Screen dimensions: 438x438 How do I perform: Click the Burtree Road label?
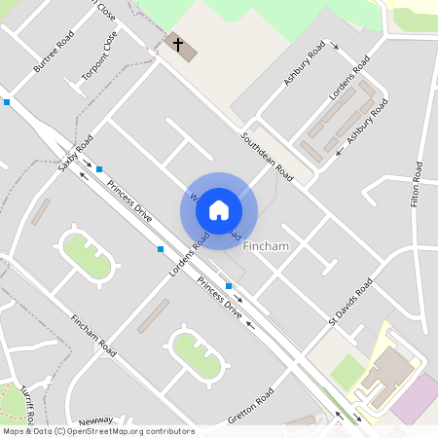coord(54,53)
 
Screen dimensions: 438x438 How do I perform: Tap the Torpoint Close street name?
coord(107,53)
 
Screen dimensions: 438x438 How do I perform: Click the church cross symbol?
coord(177,43)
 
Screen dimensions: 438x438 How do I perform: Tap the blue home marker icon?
coord(219,210)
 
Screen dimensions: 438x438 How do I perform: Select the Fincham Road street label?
coord(93,335)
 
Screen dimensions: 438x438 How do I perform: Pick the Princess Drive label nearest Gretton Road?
coord(219,299)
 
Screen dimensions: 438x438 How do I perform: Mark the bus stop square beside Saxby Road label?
coord(99,169)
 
